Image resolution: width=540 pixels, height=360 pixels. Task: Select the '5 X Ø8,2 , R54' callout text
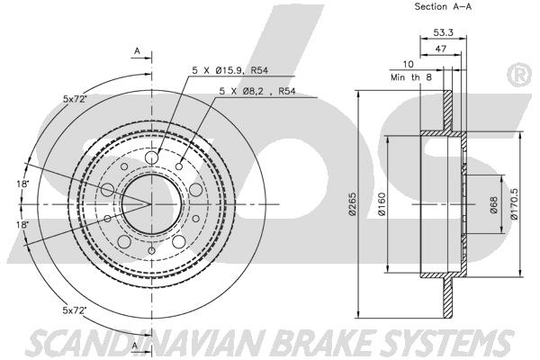[256, 91]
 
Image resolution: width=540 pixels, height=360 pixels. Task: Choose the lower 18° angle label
[22, 224]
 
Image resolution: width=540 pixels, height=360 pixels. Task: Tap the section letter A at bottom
[135, 346]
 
